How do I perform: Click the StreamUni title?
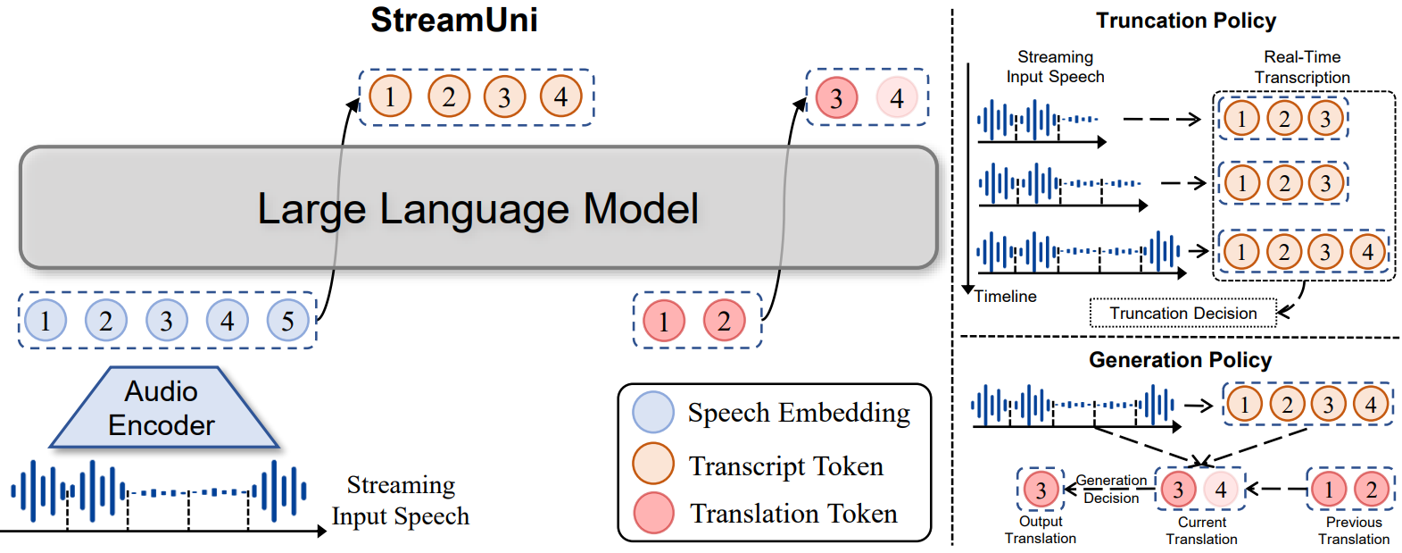[x=454, y=20]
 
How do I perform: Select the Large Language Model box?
[x=477, y=208]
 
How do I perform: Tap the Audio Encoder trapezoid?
[x=162, y=408]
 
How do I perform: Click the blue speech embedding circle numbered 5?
[x=287, y=321]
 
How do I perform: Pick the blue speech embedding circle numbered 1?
[x=46, y=321]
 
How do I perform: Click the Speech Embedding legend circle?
[x=653, y=413]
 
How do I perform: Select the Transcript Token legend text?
[x=786, y=465]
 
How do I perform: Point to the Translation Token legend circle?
[x=653, y=514]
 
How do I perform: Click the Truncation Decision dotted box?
[x=1182, y=314]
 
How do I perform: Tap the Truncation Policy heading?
[x=1186, y=21]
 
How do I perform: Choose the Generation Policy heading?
[x=1180, y=360]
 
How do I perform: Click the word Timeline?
[x=1006, y=297]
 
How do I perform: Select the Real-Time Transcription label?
[x=1302, y=67]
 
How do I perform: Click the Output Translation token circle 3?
[x=1041, y=490]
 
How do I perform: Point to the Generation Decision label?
[x=1111, y=489]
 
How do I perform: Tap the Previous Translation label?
[x=1354, y=530]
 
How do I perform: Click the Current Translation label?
[x=1201, y=530]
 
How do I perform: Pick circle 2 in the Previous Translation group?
[x=1372, y=489]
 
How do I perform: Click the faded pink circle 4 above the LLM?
[x=897, y=98]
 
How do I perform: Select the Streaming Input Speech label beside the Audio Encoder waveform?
[x=401, y=500]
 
